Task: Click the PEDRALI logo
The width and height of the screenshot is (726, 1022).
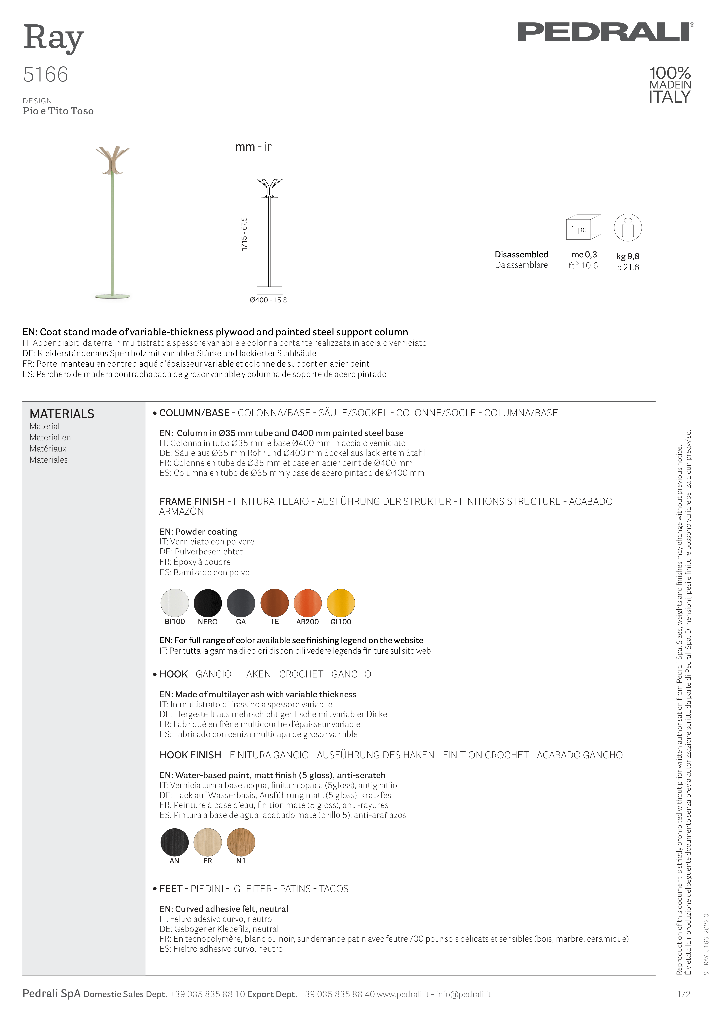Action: pos(606,32)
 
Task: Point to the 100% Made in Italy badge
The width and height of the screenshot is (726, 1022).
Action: pos(670,85)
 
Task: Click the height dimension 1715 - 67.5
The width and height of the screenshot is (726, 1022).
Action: pos(244,234)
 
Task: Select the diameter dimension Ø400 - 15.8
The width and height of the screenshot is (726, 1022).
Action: pos(268,300)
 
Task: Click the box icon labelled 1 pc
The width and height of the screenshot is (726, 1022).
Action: pos(583,227)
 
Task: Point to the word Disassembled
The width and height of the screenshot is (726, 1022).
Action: pos(521,254)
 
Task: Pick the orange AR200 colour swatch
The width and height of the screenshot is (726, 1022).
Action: pos(308,603)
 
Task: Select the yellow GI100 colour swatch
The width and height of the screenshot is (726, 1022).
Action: pos(341,603)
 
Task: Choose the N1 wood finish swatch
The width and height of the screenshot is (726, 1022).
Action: pos(241,842)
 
